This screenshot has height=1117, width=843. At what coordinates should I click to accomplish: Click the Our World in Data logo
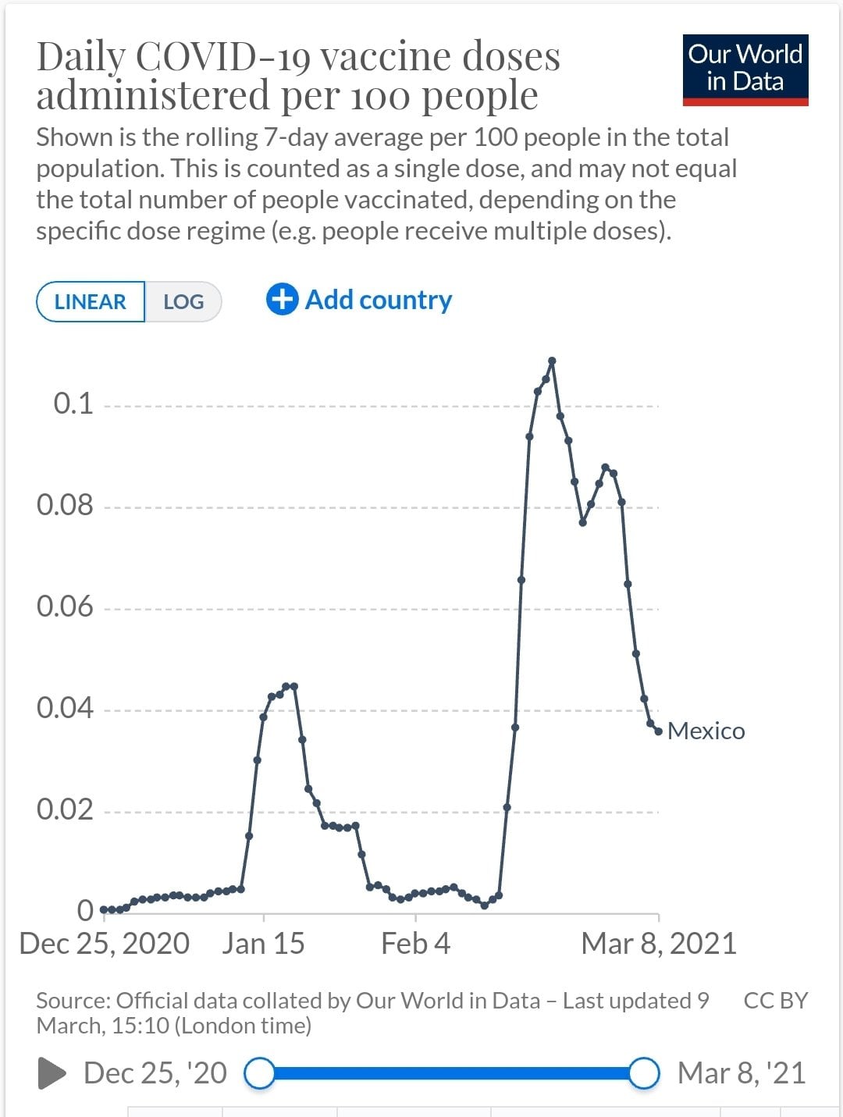(x=745, y=69)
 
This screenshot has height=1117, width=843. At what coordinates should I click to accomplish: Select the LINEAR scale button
(x=91, y=302)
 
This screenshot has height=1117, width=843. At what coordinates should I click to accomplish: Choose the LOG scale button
(x=183, y=302)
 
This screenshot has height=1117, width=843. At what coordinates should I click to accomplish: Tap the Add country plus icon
(x=282, y=299)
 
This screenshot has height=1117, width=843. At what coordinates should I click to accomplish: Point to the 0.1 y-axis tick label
(x=73, y=404)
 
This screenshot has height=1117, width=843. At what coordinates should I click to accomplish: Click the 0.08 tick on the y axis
(x=65, y=505)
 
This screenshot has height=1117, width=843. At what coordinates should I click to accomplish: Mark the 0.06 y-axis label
(x=65, y=607)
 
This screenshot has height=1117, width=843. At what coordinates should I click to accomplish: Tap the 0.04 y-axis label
(x=65, y=708)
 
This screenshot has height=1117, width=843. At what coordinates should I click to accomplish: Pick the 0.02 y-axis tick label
(x=65, y=809)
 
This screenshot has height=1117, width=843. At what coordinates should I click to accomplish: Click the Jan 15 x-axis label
(x=263, y=944)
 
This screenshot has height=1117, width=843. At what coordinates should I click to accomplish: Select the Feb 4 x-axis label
(x=415, y=944)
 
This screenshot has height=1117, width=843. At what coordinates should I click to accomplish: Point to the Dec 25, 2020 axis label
(x=105, y=944)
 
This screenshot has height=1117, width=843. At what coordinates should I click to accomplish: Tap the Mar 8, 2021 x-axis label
(x=659, y=944)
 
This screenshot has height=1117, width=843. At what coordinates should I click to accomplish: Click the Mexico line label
(x=706, y=731)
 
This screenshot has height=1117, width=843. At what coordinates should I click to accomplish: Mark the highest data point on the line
(x=552, y=361)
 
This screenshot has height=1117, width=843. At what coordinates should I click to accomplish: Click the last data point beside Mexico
(x=659, y=731)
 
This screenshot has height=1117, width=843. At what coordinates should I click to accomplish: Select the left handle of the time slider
(x=260, y=1073)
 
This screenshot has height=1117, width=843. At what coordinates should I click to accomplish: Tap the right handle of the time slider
(x=644, y=1073)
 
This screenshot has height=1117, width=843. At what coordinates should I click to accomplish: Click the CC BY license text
(x=775, y=1001)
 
